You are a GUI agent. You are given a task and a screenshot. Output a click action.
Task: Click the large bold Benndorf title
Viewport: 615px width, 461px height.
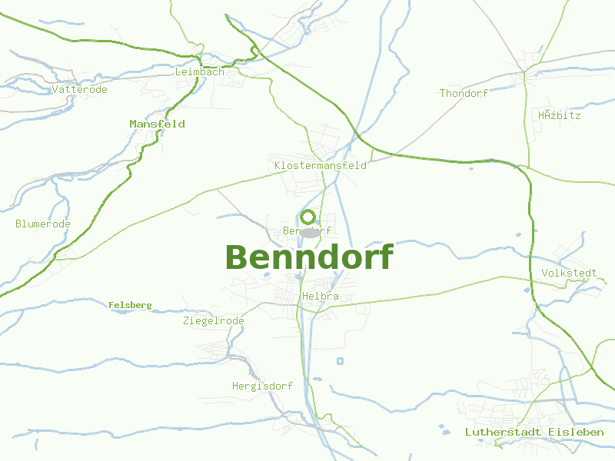[309, 257]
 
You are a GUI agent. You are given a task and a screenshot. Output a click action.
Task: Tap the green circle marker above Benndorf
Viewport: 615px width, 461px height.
[308, 217]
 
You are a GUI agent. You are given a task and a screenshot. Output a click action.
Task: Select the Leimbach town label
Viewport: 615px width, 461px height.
[200, 71]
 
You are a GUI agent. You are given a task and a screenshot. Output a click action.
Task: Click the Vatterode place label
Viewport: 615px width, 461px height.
[79, 90]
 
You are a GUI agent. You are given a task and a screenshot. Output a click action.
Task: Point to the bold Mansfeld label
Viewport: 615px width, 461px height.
[157, 124]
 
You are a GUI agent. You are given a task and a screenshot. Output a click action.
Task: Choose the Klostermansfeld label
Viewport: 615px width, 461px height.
[320, 166]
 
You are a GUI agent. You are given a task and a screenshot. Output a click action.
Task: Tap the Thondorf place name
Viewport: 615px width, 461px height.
[464, 94]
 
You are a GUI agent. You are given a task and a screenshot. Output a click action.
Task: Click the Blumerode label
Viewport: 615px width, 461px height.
[43, 224]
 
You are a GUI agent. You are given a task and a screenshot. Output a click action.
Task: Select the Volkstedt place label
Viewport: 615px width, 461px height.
[569, 274]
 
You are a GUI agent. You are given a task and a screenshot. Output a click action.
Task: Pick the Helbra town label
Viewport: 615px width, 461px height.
[321, 297]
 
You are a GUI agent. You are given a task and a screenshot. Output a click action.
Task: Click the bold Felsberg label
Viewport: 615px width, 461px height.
[130, 306]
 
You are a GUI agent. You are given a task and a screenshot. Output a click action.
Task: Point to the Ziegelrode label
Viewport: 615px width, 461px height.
[214, 321]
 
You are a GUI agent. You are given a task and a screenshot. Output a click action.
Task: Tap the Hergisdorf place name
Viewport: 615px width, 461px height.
[262, 386]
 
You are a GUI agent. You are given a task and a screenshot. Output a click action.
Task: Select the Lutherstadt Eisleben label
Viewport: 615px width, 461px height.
[534, 433]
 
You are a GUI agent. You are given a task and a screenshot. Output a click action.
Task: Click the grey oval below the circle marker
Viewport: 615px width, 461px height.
[310, 232]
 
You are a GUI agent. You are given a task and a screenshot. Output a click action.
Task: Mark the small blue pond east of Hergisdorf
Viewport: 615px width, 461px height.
[340, 361]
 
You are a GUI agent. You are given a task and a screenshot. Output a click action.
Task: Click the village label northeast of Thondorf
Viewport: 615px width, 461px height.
[559, 116]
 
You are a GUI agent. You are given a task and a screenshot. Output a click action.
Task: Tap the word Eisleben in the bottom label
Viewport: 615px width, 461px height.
[576, 433]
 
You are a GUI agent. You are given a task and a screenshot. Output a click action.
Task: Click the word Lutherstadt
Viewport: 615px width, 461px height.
[503, 433]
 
